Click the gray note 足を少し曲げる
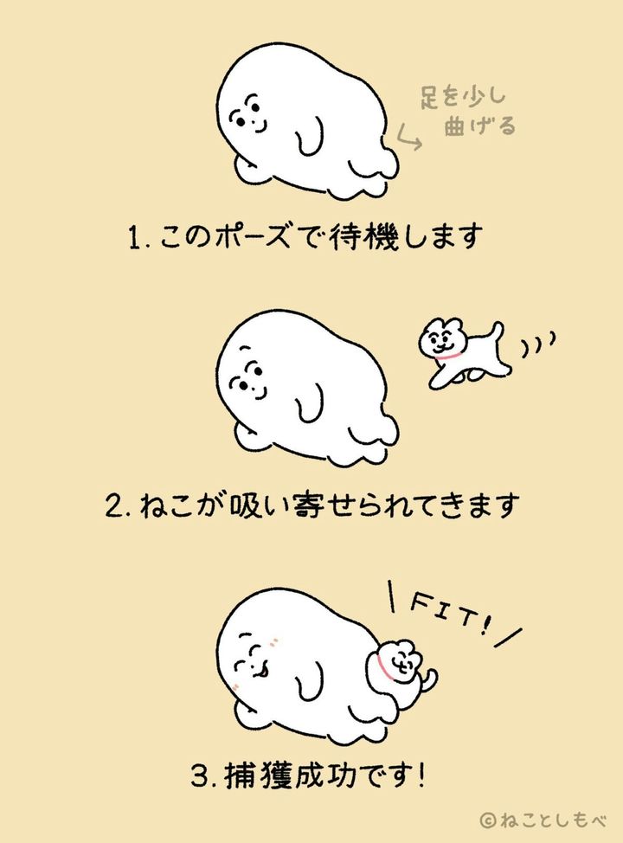467,112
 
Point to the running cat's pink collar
447,357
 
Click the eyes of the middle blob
252,378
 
